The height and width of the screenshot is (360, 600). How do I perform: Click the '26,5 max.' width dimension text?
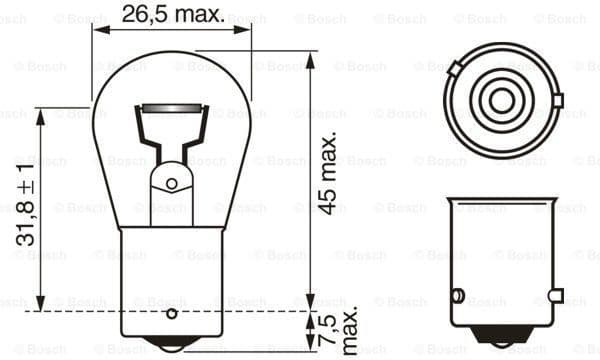coord(171,13)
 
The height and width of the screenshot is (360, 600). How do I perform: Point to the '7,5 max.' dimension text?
coord(341,329)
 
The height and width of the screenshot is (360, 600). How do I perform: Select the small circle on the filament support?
coord(171,183)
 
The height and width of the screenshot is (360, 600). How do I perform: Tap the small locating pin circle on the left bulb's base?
coord(171,313)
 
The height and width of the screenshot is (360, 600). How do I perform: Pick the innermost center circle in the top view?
coord(499,99)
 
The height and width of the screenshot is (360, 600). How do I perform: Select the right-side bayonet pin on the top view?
coord(556,100)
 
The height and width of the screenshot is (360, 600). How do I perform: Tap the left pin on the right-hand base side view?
coord(456,296)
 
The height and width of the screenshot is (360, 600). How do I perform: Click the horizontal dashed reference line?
coord(200,311)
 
